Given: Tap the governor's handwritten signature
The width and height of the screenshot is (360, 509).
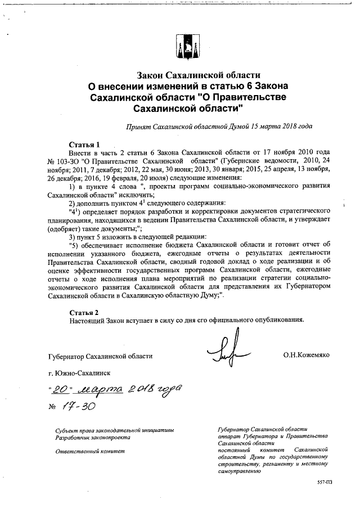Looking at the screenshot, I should click(x=228, y=349).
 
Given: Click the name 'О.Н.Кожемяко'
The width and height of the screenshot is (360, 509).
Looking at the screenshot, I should click(x=307, y=355).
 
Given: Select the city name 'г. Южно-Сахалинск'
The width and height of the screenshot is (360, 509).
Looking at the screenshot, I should click(x=79, y=373).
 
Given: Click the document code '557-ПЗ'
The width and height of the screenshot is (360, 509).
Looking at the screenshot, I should click(x=326, y=482).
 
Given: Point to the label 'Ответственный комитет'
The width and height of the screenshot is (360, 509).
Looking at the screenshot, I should click(x=87, y=451).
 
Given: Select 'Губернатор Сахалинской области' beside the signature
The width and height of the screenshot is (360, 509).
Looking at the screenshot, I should click(x=100, y=355).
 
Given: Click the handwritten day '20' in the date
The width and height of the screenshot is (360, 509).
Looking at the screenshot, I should click(x=61, y=389).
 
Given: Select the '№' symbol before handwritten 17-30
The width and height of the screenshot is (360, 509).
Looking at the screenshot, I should click(x=54, y=406).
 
